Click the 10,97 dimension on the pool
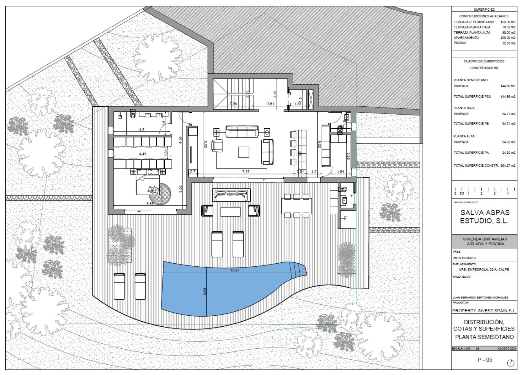coord(235,270)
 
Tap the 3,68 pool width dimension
coord(205,292)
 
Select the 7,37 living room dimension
coord(246,172)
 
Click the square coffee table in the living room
coord(243,152)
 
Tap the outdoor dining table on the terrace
coord(296,206)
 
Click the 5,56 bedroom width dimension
coord(150,204)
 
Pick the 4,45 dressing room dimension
coord(142,154)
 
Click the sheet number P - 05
coord(485,360)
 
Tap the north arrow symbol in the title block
coord(510,363)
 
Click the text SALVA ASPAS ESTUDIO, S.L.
coord(484,217)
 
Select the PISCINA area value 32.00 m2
coord(509,43)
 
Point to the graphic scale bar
coord(484,190)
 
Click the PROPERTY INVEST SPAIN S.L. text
coord(484,311)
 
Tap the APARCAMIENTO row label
coord(466,38)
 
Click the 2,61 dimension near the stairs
coord(270,104)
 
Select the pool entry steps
coord(298,271)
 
